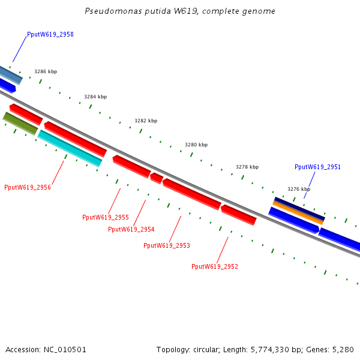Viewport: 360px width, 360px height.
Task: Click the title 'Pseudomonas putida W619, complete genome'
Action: click(x=180, y=11)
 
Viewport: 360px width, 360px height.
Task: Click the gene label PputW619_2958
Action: click(x=50, y=35)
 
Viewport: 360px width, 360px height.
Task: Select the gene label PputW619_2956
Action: click(x=28, y=187)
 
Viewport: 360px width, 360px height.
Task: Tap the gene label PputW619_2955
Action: click(x=106, y=217)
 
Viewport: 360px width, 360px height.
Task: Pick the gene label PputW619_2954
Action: click(x=131, y=229)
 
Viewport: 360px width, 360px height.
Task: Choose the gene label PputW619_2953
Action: click(x=167, y=245)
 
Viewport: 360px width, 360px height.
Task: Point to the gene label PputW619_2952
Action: click(x=215, y=266)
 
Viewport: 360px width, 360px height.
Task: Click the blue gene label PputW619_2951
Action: click(x=317, y=167)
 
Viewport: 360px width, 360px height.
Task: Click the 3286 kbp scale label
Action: click(x=46, y=71)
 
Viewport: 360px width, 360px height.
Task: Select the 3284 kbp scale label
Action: click(x=95, y=97)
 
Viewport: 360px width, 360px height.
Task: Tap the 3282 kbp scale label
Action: click(x=146, y=121)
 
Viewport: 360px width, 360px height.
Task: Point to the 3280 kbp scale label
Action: click(x=196, y=145)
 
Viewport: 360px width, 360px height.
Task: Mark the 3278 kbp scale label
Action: click(x=247, y=167)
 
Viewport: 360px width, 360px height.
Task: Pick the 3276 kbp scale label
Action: click(x=299, y=189)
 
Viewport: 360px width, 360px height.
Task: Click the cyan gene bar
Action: click(x=70, y=148)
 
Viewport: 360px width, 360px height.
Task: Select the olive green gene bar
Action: click(x=20, y=123)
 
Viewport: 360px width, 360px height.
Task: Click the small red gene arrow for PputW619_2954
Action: click(x=156, y=178)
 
